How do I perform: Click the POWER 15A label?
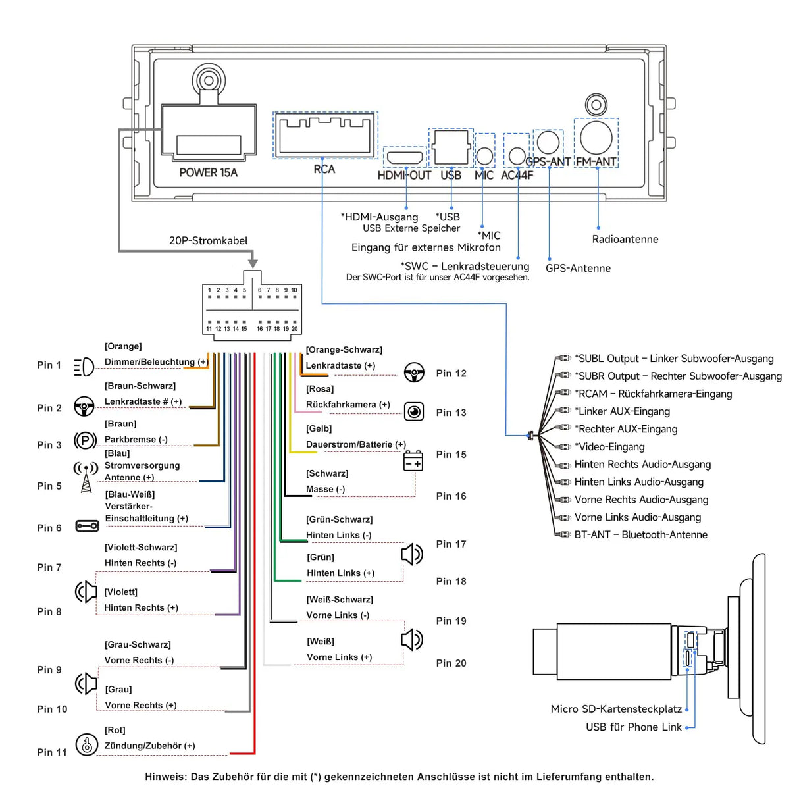[208, 172]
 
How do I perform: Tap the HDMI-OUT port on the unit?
[405, 158]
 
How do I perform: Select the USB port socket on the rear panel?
[451, 147]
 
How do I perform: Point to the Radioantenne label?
[625, 239]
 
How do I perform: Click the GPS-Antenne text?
[578, 268]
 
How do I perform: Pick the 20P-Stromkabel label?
[208, 240]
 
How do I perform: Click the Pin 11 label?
[52, 752]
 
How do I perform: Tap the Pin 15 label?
[451, 455]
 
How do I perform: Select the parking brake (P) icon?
[86, 440]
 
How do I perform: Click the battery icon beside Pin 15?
[413, 461]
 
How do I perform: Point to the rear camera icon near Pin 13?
[414, 412]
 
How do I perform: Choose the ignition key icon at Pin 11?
[86, 744]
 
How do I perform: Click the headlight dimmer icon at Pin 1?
[84, 367]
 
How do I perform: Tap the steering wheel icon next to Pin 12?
[414, 373]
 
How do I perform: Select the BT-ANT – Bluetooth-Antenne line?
[640, 535]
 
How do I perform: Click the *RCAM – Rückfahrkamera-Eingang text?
[653, 394]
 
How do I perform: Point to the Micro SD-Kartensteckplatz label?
[616, 709]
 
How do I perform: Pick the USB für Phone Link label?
[634, 727]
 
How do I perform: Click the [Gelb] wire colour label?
[319, 429]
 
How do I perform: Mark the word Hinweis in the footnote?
[165, 777]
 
